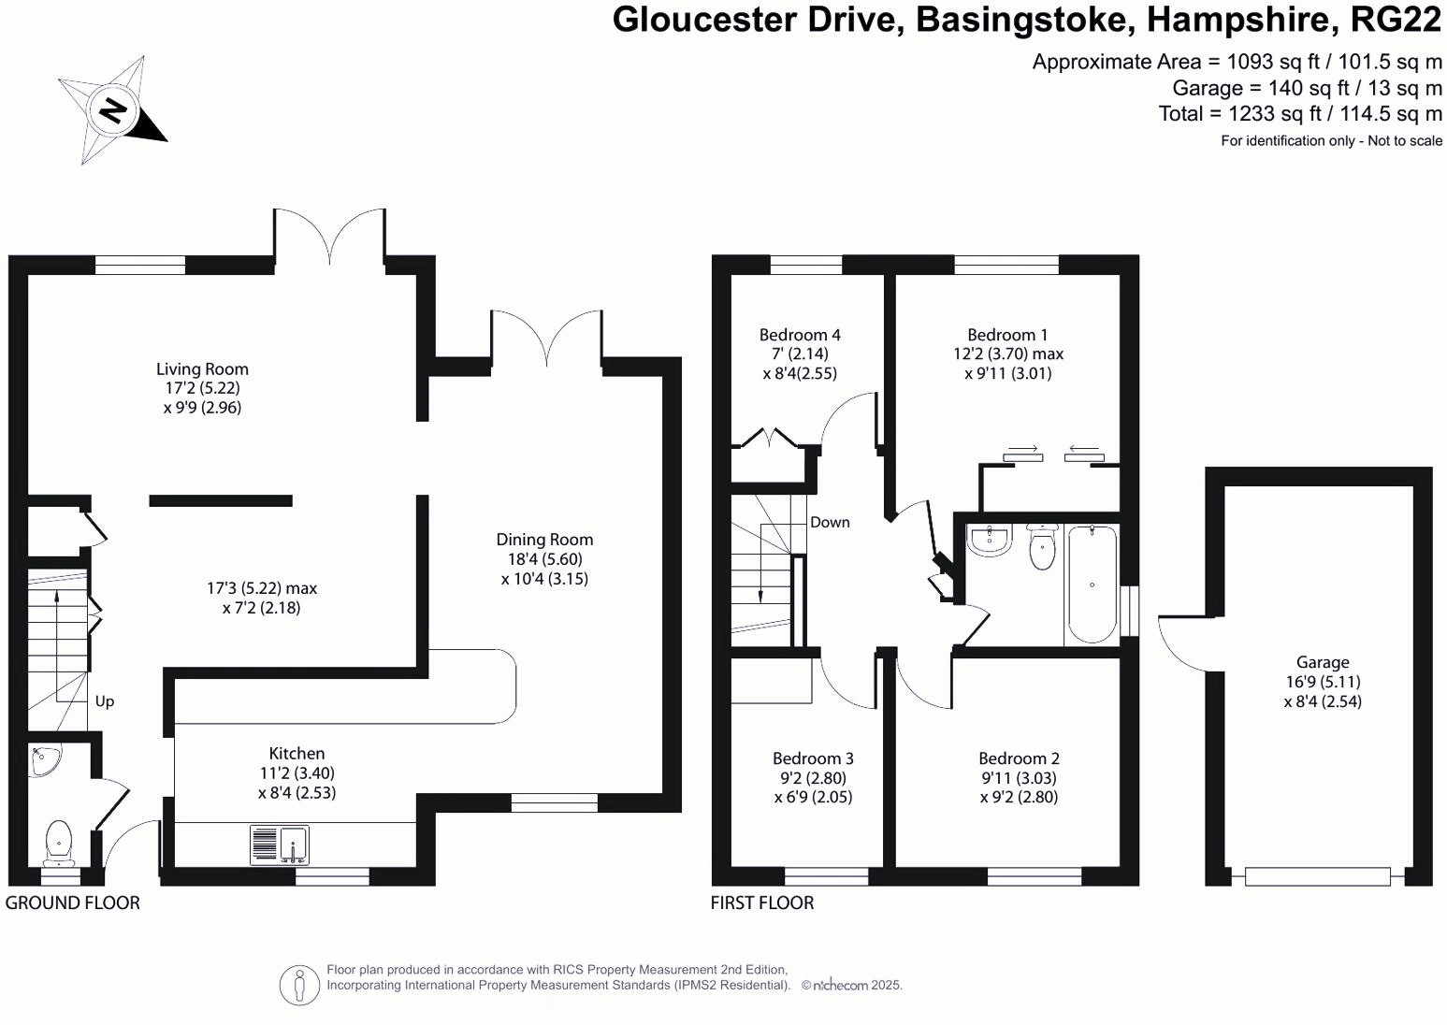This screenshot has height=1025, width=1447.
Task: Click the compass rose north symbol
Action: click(x=113, y=110)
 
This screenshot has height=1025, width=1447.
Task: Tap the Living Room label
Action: click(x=202, y=369)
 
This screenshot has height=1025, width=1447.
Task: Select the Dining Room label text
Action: click(x=544, y=540)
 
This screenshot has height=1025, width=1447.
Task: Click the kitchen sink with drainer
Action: click(x=280, y=845)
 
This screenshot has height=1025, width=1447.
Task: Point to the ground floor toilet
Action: click(x=58, y=842)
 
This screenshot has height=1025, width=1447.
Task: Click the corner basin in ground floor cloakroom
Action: click(x=43, y=760)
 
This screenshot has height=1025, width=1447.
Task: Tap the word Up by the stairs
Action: click(x=105, y=701)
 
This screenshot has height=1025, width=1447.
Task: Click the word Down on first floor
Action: click(x=830, y=523)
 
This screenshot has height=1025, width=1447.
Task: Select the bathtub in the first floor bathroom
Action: click(x=1092, y=585)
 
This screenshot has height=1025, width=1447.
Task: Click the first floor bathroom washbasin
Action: click(x=989, y=541)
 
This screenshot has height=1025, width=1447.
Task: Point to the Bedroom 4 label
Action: click(x=800, y=335)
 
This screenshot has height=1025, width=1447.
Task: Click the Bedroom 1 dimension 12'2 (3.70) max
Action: click(x=1007, y=354)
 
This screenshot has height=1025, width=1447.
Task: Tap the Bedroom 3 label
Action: click(x=813, y=758)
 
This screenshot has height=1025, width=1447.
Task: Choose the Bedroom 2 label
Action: click(x=1019, y=758)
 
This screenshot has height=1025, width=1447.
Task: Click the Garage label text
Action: click(x=1323, y=662)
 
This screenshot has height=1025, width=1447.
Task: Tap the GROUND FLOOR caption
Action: click(x=73, y=902)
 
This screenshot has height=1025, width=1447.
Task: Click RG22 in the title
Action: click(x=1396, y=20)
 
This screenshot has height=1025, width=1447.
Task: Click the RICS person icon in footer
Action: click(x=299, y=985)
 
